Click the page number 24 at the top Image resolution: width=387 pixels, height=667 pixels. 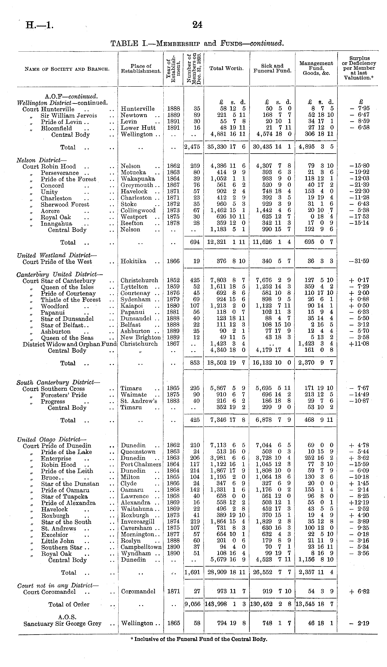tap(197, 25)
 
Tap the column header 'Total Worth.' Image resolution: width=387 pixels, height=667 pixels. tap(226, 68)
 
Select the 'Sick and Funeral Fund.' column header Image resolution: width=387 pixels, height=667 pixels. tap(272, 68)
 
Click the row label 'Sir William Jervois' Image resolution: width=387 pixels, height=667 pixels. tap(69, 116)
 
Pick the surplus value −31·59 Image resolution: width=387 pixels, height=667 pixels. tap(359, 261)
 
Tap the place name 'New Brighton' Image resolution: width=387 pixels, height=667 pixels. tap(140, 337)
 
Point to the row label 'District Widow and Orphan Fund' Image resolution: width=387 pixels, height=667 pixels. tap(69, 344)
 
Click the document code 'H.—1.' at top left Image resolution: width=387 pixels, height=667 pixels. tap(39, 25)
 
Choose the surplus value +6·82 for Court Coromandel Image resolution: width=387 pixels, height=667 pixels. tap(359, 592)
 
